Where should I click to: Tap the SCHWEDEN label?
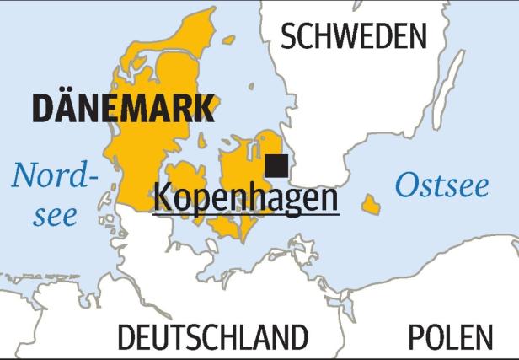point(354,36)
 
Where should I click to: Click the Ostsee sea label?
point(441,185)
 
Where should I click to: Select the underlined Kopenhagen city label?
point(245,198)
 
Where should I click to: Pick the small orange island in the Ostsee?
point(370,204)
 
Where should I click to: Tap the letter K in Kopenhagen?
point(163,198)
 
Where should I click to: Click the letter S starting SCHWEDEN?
point(289,36)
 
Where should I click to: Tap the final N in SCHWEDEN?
point(417,36)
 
